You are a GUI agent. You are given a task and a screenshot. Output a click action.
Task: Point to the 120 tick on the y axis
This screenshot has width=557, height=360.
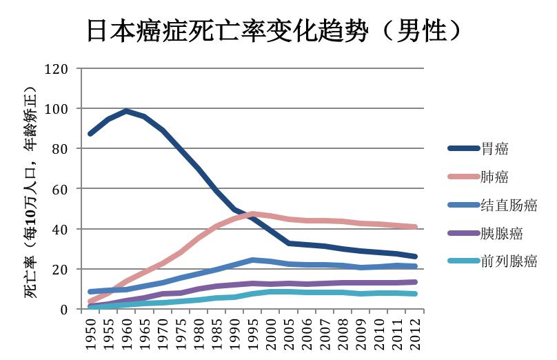[56, 69]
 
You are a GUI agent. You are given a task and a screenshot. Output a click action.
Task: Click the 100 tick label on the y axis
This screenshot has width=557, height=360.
[56, 109]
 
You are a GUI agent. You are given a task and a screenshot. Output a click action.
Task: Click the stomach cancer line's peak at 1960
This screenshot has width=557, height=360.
[126, 111]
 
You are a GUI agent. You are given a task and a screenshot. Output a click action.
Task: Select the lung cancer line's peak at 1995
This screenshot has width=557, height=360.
[253, 214]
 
